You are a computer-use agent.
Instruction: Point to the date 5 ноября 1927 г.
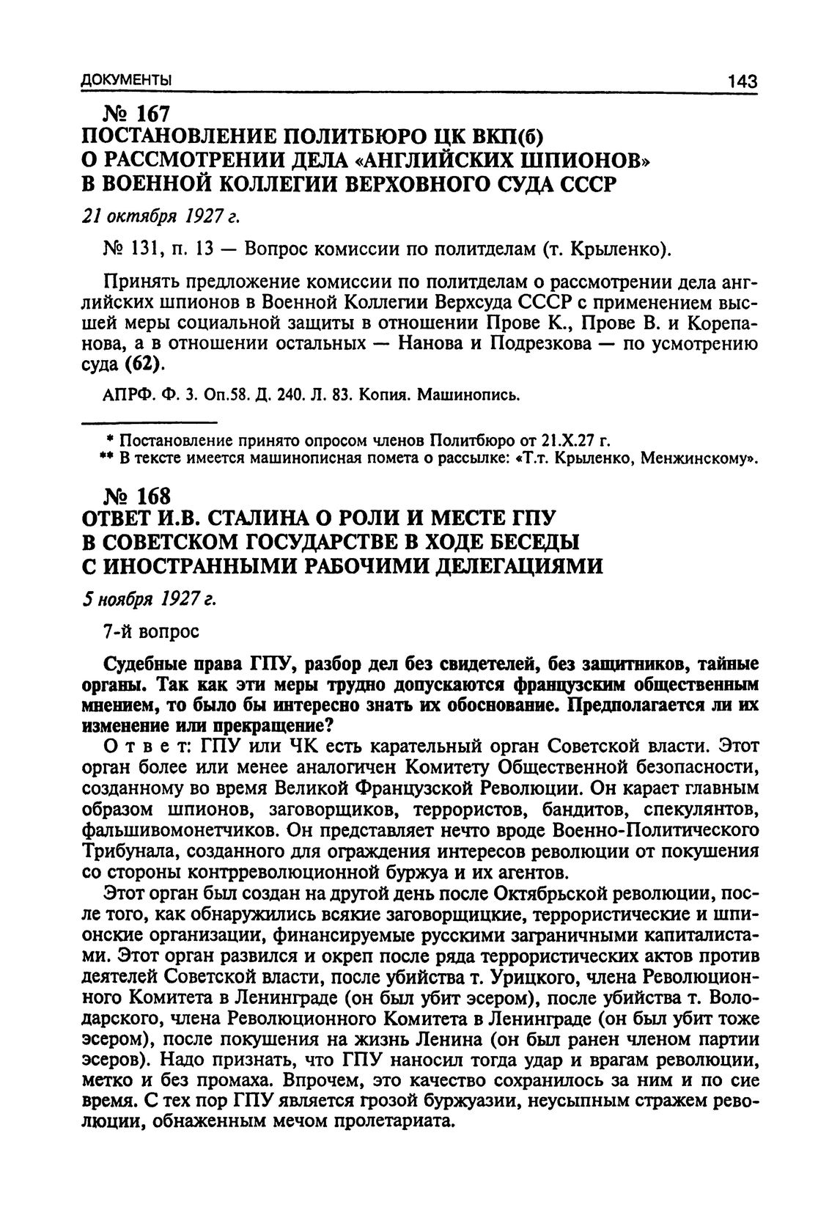tap(148, 599)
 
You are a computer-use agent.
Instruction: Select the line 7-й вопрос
tap(151, 631)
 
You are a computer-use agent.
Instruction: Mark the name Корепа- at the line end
tap(716, 323)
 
